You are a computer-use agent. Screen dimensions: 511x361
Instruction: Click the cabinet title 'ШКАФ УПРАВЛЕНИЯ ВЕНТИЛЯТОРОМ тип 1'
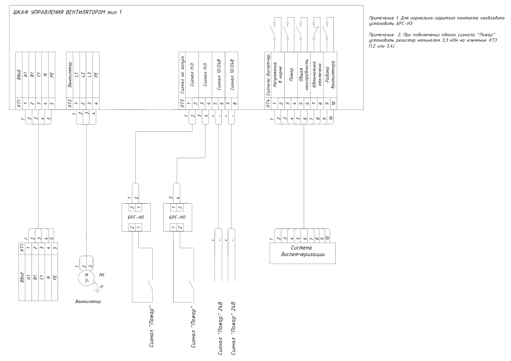click(x=67, y=12)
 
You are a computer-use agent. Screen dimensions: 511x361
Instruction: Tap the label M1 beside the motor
click(x=102, y=275)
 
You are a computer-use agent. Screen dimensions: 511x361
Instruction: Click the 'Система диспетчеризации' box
click(x=303, y=253)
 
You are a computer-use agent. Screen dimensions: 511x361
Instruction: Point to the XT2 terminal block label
click(x=70, y=103)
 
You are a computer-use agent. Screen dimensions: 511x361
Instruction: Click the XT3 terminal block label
click(x=182, y=103)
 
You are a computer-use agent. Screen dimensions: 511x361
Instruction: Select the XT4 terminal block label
click(x=268, y=103)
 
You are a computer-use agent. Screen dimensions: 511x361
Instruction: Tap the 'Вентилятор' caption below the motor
click(x=88, y=302)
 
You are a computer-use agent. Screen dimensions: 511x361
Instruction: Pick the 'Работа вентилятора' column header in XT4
click(x=330, y=74)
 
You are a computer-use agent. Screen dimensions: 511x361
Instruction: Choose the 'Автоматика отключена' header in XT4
click(x=317, y=74)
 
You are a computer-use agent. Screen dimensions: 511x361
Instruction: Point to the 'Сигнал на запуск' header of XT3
click(x=182, y=75)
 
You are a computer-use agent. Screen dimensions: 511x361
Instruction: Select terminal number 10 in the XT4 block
click(x=333, y=103)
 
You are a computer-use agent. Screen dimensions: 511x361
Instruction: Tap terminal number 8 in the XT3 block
click(x=235, y=103)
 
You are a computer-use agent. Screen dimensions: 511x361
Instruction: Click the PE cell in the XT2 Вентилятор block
click(x=96, y=75)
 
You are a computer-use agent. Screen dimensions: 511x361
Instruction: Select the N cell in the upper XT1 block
click(x=45, y=75)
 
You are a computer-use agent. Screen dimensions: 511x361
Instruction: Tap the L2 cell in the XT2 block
click(x=83, y=75)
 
